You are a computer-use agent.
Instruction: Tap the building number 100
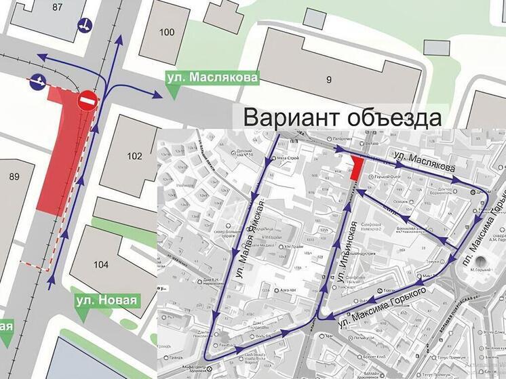(166, 32)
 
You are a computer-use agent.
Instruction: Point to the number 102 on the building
(134, 157)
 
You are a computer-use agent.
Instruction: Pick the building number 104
(101, 264)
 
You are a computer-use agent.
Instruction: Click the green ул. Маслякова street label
(212, 78)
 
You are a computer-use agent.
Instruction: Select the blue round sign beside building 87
(86, 26)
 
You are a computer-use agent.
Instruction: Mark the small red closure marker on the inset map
(355, 167)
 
